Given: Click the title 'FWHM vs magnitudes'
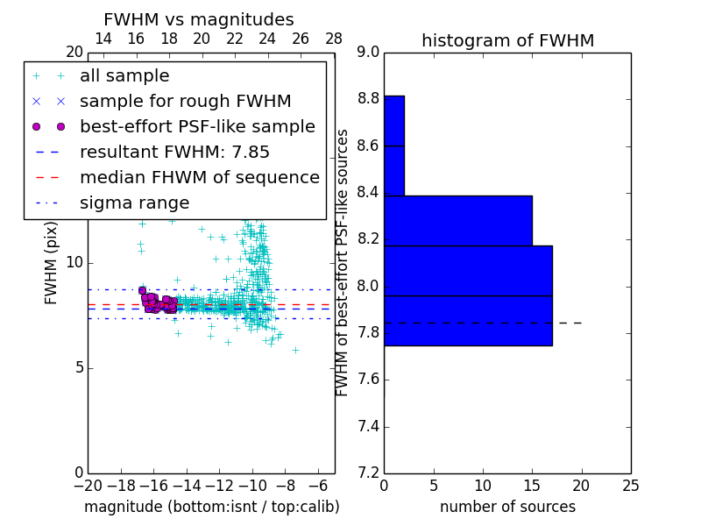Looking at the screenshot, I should coord(198,20).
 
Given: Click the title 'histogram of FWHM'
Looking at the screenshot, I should coord(507,41).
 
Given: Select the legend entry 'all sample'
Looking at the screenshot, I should coord(124,76).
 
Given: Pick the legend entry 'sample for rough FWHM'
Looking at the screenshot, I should coord(185,102).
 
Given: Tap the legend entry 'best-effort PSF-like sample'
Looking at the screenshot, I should coord(197,127).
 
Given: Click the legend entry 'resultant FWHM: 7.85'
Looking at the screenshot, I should coord(174,153).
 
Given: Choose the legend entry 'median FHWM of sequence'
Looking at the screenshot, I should coord(199,178).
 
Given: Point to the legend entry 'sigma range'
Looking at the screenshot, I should coord(134,203).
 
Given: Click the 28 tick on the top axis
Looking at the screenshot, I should coord(334,39).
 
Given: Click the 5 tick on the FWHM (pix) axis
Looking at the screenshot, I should coord(77,367).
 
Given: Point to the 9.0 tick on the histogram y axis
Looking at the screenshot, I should coord(368,53).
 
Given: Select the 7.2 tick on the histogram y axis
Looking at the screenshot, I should coord(368,473).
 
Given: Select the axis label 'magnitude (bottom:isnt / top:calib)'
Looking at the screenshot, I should coord(211,507).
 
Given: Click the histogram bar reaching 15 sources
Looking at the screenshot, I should coord(457,220).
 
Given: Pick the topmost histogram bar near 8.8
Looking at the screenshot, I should coord(393,120).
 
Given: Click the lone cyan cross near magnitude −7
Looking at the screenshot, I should coord(295,350).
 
